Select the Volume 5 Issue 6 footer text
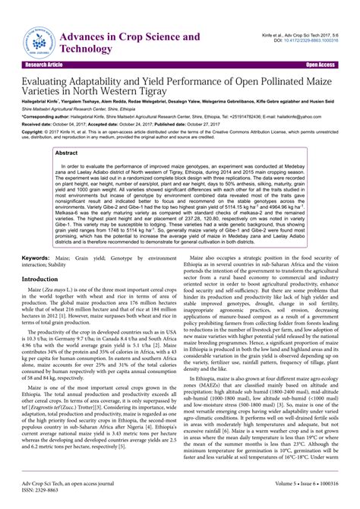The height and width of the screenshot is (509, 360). point(296,492)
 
